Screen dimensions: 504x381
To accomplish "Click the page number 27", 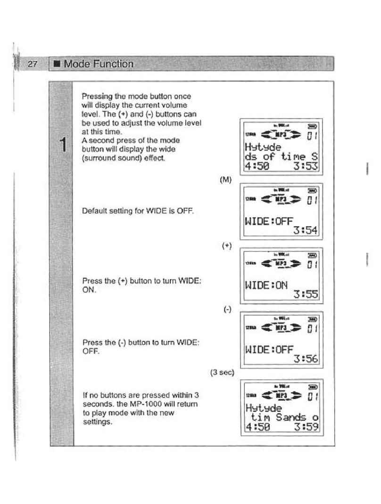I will pos(33,64).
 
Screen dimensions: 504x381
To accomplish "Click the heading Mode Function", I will pos(99,64).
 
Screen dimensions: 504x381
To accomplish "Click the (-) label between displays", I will pos(227,309).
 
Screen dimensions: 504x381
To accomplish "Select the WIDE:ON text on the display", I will pos(266,285).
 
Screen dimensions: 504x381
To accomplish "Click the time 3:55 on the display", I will pos(306,295).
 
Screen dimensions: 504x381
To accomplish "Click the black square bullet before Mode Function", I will pos(57,64).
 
